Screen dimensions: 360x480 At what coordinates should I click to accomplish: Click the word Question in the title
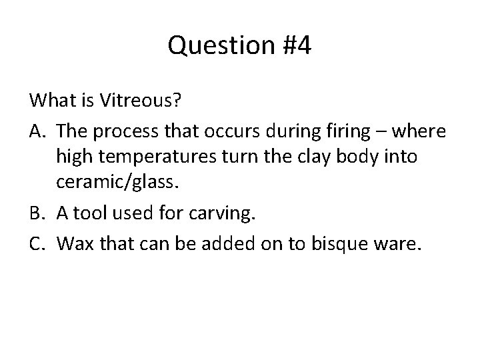[218, 46]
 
